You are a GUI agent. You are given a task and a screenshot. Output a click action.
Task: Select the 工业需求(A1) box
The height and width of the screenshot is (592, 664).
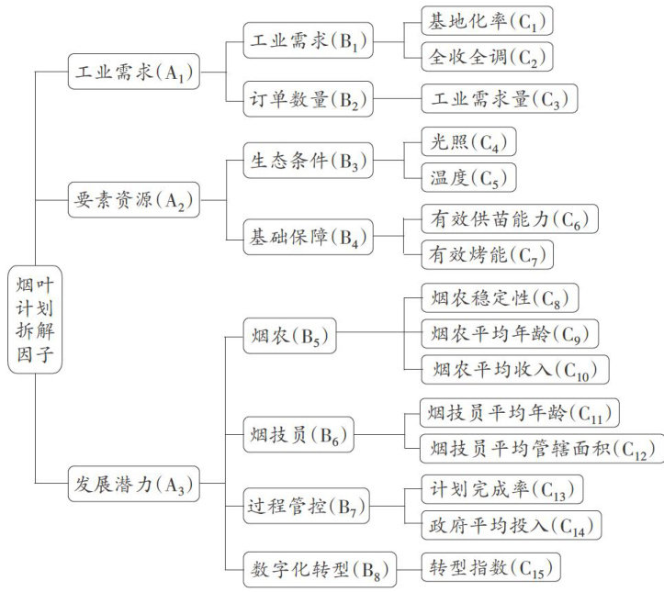pos(134,71)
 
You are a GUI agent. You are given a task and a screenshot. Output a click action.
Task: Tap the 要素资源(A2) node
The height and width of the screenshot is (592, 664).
pos(134,200)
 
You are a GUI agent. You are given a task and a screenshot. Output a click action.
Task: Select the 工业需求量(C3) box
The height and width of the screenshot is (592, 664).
pos(499,98)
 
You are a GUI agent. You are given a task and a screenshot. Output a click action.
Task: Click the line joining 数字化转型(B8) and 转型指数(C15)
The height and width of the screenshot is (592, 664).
pos(409,566)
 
